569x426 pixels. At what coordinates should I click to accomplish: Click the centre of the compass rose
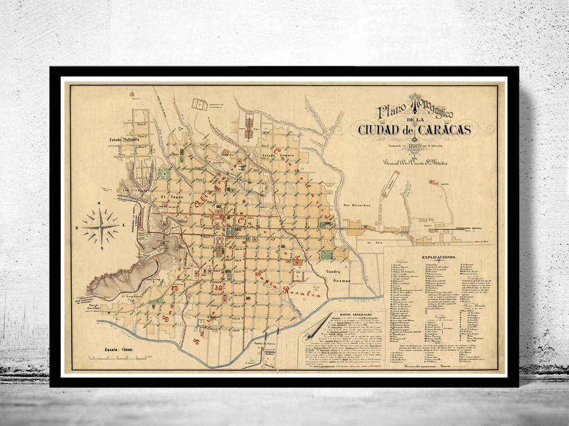100,226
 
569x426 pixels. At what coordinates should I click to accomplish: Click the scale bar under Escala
119,358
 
